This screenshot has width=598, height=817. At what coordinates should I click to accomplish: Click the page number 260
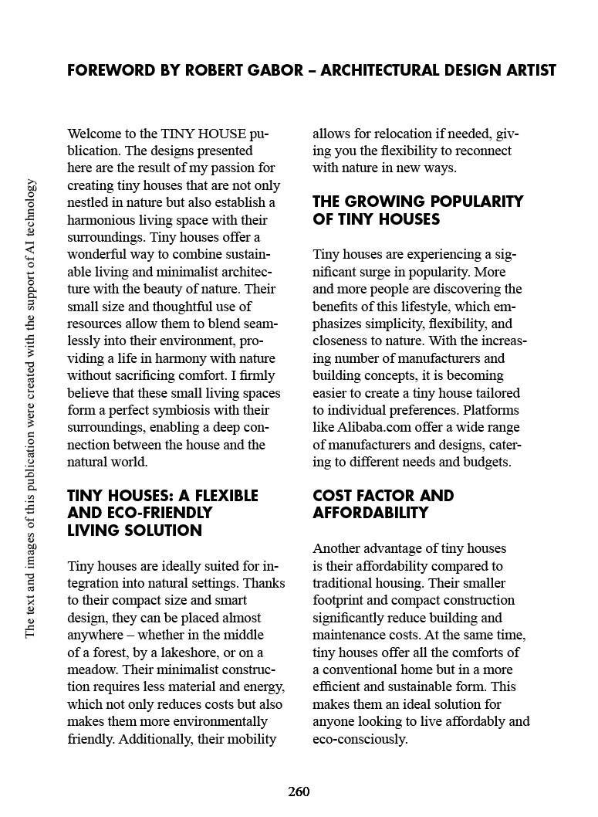(299, 792)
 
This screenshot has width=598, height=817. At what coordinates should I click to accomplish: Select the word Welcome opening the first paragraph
(93, 134)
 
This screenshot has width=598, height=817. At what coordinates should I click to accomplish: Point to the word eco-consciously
(360, 739)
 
